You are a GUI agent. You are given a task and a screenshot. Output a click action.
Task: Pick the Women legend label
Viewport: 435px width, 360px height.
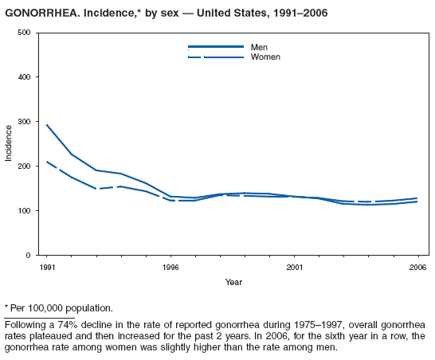(x=265, y=57)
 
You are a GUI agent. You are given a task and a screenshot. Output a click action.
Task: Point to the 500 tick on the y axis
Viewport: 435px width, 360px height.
(x=23, y=33)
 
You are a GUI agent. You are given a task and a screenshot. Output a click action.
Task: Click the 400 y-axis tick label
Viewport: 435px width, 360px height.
(x=23, y=77)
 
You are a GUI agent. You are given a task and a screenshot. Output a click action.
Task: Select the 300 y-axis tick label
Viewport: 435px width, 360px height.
(x=23, y=122)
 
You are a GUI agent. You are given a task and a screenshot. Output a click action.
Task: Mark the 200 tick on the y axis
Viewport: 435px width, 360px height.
(x=23, y=166)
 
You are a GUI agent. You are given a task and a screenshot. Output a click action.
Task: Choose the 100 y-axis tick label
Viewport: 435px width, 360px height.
(x=23, y=211)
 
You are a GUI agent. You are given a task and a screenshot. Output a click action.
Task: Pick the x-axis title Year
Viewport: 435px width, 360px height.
(x=233, y=282)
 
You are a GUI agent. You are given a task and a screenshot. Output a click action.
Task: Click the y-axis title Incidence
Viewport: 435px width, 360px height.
(x=9, y=143)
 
